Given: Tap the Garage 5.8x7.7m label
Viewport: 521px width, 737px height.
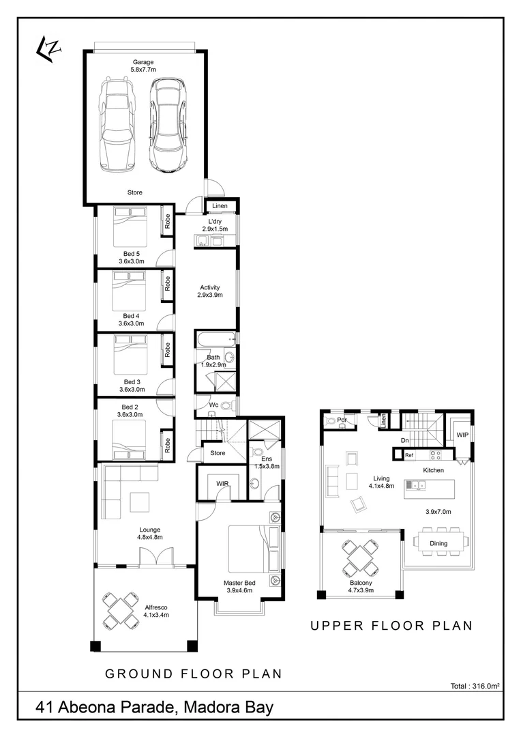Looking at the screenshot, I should coord(144,66).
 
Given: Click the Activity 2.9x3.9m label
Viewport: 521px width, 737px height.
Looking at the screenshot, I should coord(210,291).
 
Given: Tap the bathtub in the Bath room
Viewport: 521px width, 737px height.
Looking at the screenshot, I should coord(215,339).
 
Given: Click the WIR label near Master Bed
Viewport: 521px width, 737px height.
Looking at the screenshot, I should coord(222,483).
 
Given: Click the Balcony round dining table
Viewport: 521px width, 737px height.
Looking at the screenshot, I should coord(359,558).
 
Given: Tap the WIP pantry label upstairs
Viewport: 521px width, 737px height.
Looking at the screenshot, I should coord(462,434).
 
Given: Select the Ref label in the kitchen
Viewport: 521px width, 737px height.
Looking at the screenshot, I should coord(409,454).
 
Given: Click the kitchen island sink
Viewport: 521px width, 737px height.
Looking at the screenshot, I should coord(415,485).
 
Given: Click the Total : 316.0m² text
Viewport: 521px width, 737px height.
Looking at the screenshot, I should coord(475,687).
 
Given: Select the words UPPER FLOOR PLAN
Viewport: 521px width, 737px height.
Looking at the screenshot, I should coord(391,625).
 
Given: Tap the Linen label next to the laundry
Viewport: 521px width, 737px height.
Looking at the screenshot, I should coord(220,205).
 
